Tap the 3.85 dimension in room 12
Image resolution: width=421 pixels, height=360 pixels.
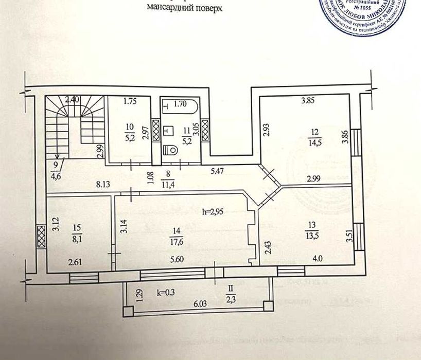pos(308,101)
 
